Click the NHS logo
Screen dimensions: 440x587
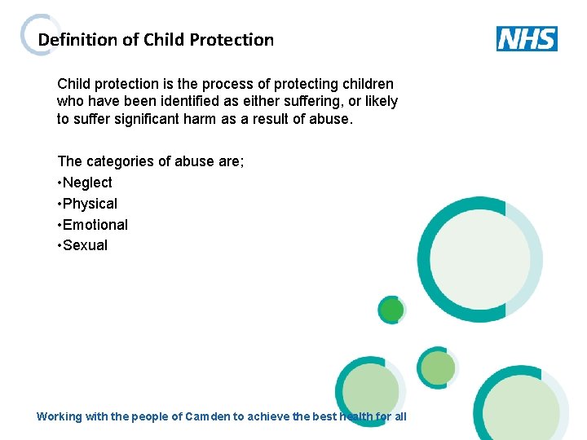(x=527, y=38)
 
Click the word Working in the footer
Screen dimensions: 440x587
(x=60, y=416)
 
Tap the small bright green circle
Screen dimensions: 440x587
(x=392, y=310)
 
